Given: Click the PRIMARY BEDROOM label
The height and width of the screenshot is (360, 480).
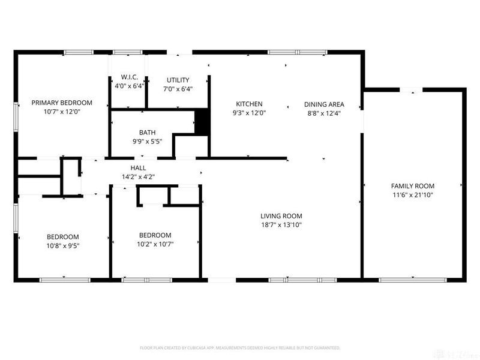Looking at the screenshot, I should pyautogui.click(x=62, y=103).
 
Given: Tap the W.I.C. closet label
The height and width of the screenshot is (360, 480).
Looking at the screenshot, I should pyautogui.click(x=130, y=77).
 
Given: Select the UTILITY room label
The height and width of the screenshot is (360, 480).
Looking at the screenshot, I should pyautogui.click(x=178, y=80).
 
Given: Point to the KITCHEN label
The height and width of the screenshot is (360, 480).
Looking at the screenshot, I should pyautogui.click(x=249, y=104).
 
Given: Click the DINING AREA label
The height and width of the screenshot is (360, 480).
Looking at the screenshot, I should pyautogui.click(x=324, y=104).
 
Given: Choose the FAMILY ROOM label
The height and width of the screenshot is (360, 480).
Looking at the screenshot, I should pyautogui.click(x=412, y=186).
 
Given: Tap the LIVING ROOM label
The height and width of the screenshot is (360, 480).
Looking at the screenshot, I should pyautogui.click(x=281, y=216).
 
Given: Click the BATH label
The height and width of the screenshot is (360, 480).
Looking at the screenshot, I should pyautogui.click(x=147, y=133).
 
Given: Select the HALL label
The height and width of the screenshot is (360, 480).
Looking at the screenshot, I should pyautogui.click(x=139, y=168).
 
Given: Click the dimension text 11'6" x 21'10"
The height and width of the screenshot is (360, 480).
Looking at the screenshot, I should pyautogui.click(x=412, y=195).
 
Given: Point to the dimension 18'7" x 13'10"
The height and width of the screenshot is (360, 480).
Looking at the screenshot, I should pyautogui.click(x=281, y=225).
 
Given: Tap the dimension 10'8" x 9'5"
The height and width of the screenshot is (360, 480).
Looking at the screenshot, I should pyautogui.click(x=63, y=245).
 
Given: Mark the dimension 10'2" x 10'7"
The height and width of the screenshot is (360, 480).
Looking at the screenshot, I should pyautogui.click(x=155, y=244).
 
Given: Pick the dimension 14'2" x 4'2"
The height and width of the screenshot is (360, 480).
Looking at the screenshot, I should pyautogui.click(x=139, y=176).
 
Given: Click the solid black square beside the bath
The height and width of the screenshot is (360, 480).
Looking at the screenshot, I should pyautogui.click(x=202, y=122).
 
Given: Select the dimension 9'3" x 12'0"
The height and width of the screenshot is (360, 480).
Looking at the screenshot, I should pyautogui.click(x=249, y=112).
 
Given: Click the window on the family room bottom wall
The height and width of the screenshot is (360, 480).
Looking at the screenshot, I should pyautogui.click(x=413, y=279).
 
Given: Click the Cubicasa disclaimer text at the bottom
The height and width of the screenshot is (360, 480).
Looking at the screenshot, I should pyautogui.click(x=240, y=347).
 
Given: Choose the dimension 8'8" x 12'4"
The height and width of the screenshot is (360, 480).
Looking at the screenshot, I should pyautogui.click(x=324, y=113).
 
